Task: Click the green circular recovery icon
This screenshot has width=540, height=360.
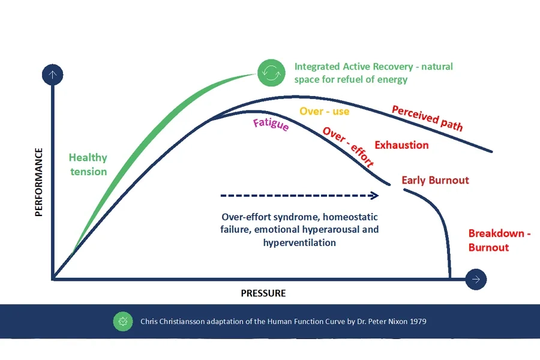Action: click(269, 73)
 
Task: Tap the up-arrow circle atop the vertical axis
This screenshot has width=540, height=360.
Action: click(53, 75)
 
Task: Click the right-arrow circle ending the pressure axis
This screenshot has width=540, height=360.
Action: click(476, 279)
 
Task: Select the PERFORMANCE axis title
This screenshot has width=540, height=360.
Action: click(39, 182)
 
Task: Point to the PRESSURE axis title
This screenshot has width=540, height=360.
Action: click(263, 293)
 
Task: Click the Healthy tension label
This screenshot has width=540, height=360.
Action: click(88, 164)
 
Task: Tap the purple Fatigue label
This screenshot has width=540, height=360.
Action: click(271, 125)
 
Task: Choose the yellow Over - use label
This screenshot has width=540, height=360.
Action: click(324, 111)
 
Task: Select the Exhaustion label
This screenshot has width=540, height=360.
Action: click(401, 145)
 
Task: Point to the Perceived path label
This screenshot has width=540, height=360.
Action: click(427, 118)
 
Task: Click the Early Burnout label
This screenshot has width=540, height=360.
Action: click(435, 180)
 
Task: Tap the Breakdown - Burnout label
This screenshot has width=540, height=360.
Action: click(499, 240)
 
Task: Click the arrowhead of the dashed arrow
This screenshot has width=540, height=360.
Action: click(374, 195)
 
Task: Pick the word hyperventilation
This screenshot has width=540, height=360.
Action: click(299, 242)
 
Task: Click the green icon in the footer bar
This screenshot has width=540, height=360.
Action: click(123, 321)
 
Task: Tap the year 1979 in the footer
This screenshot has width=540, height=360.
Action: click(418, 321)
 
